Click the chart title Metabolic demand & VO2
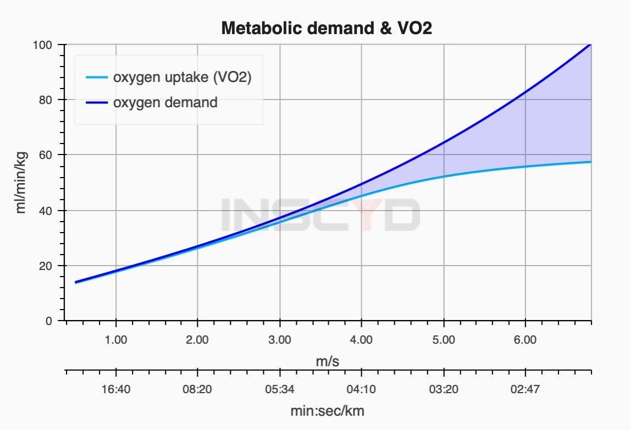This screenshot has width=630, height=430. (327, 28)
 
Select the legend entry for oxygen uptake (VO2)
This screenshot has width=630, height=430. (182, 78)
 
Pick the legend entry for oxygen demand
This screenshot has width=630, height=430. (165, 102)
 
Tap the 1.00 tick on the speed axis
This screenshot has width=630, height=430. (115, 340)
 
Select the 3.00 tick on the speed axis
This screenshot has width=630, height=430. (280, 340)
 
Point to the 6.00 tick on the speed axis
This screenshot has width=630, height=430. (526, 340)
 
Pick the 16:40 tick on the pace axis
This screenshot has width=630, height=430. (115, 390)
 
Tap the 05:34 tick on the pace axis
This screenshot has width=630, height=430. (280, 390)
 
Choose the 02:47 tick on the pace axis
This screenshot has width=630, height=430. (526, 390)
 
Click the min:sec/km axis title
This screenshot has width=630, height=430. (327, 411)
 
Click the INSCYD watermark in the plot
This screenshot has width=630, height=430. (320, 214)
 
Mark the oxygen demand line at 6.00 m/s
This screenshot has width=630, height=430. (526, 92)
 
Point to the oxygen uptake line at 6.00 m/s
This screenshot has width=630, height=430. (526, 167)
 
